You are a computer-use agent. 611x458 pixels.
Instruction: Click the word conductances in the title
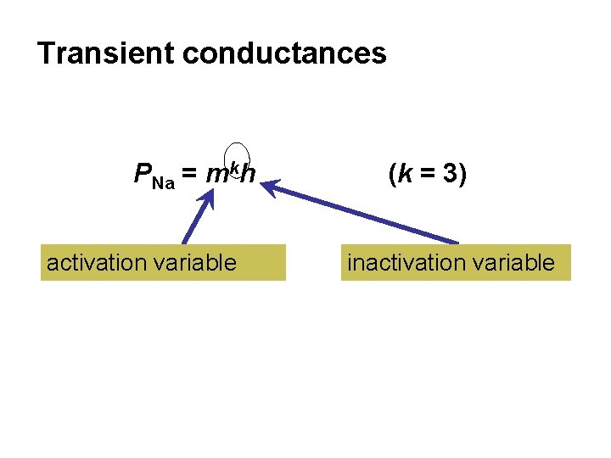tap(284, 53)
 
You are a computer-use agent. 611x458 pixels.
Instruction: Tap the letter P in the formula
tap(143, 175)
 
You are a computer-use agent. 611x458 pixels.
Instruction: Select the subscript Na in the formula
tap(164, 182)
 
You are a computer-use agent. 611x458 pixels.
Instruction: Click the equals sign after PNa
tap(191, 175)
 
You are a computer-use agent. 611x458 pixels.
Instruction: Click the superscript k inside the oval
tap(234, 165)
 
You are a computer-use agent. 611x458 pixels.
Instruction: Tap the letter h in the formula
tap(247, 175)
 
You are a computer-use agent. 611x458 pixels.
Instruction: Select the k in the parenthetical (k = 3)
tap(406, 174)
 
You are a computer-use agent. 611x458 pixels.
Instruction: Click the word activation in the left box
tap(96, 263)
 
